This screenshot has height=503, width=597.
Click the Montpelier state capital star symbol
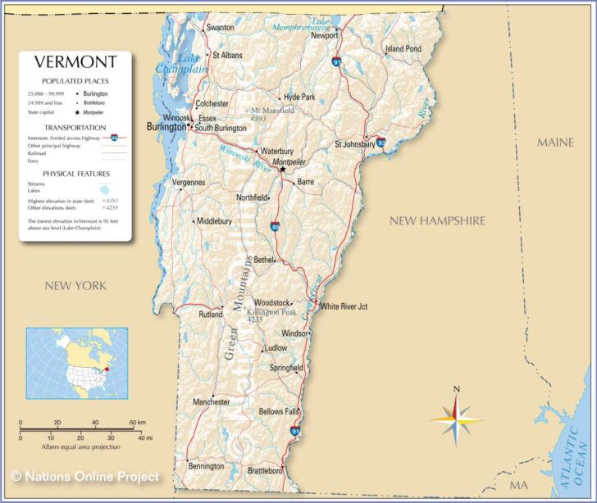[x=282, y=170]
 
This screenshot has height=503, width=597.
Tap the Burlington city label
[x=166, y=128]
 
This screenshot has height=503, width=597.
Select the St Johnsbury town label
[x=354, y=145]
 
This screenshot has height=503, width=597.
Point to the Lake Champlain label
[x=189, y=64]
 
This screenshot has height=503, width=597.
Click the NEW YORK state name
[x=75, y=285]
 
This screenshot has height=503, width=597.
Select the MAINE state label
[x=554, y=143]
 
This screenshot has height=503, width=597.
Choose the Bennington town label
[x=206, y=466]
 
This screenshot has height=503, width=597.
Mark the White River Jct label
[x=344, y=306]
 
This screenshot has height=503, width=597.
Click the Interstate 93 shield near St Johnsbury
[x=381, y=142]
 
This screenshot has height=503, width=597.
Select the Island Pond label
[x=403, y=49]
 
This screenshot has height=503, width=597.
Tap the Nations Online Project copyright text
[x=85, y=476]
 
